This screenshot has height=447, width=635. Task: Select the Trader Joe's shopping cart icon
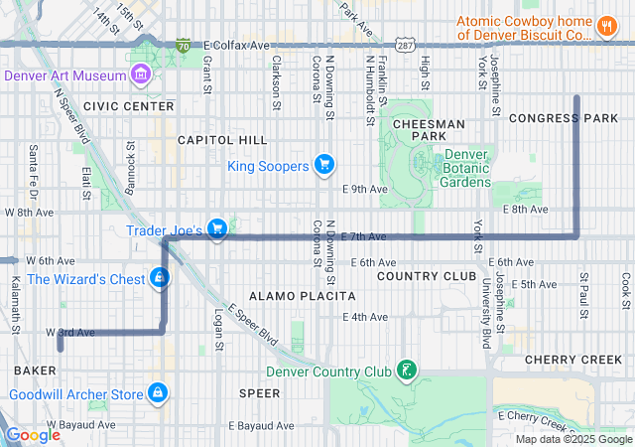tap(217, 229)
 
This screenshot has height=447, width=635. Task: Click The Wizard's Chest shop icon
tap(159, 278)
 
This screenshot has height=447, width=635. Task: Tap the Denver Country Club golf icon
tap(405, 372)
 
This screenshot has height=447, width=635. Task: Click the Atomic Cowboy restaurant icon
tap(606, 27)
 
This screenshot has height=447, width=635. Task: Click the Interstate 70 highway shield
tap(183, 46)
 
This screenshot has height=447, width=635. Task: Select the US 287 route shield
tap(404, 46)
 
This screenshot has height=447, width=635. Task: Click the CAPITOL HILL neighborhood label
tap(222, 140)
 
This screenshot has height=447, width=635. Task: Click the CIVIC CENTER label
tap(129, 105)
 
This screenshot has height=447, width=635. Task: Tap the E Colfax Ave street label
tap(236, 46)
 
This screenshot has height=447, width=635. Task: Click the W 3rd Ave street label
tap(70, 332)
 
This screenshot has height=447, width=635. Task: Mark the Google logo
tap(34, 435)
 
